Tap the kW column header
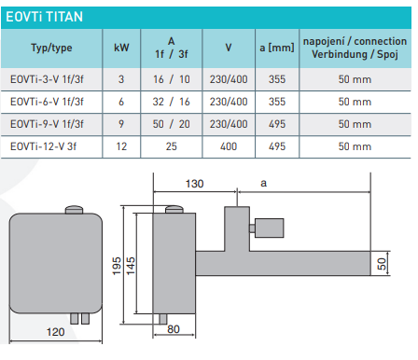[x=121, y=48]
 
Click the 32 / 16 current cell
[x=170, y=103]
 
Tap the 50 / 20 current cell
[x=170, y=124]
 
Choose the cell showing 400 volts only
[x=229, y=145]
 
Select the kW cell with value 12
[x=121, y=145]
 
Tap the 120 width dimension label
[x=56, y=332]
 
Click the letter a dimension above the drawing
[x=264, y=185]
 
